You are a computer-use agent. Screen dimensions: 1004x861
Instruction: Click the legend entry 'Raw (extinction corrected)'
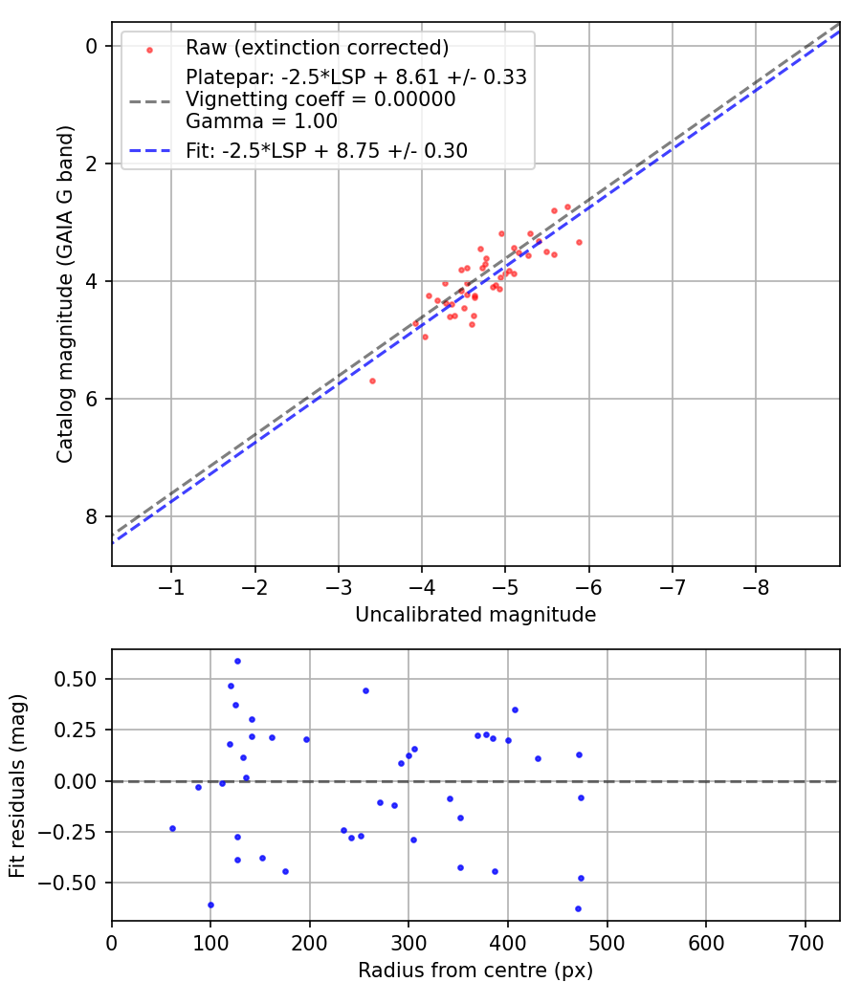coord(317,48)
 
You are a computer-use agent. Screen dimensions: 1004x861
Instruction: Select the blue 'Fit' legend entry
coord(325,150)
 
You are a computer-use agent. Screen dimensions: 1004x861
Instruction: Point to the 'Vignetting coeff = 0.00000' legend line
coord(320,99)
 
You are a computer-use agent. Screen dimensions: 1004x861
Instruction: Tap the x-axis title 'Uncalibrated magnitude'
coord(475,615)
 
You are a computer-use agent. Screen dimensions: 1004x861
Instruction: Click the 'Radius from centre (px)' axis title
coord(475,971)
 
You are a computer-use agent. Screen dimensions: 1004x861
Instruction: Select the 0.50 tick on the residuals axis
coord(81,679)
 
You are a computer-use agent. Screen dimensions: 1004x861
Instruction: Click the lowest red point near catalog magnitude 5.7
coord(372,381)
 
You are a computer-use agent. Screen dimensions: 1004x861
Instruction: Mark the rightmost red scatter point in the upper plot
coord(579,242)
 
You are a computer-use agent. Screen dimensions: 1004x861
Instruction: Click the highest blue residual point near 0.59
coord(237,661)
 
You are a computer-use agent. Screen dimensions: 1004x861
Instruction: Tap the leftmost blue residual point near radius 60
coord(172,828)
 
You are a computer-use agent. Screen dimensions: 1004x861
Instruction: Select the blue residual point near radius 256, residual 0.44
coord(365,690)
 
